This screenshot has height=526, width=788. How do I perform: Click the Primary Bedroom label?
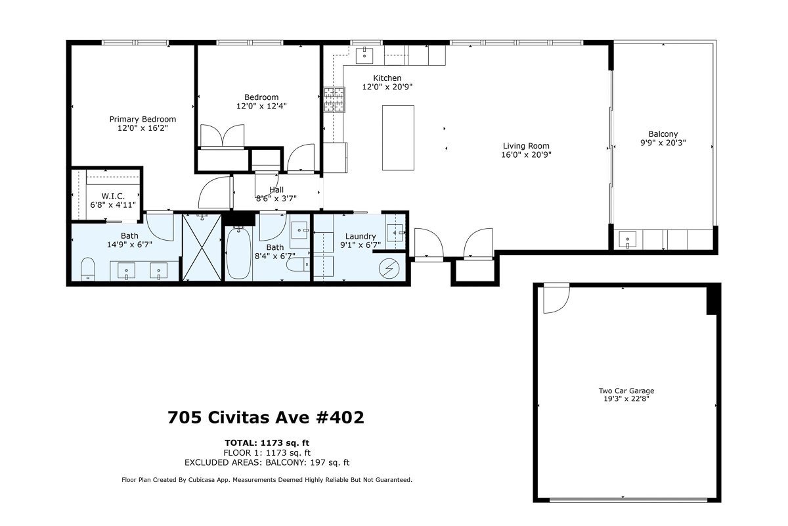[142, 119]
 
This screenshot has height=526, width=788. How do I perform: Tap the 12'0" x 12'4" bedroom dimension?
[261, 106]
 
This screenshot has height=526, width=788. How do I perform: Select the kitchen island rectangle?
[398, 137]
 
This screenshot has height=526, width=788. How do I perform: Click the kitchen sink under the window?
[364, 55]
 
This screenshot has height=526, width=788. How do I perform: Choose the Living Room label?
[526, 146]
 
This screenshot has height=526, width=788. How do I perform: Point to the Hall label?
[276, 189]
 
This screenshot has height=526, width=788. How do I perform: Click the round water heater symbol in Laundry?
[389, 268]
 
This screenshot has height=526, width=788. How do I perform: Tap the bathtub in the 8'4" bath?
[238, 254]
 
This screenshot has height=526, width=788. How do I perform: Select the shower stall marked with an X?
[202, 248]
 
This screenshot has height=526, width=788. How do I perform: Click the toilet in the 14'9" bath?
[88, 270]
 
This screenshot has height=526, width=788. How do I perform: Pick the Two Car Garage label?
[626, 391]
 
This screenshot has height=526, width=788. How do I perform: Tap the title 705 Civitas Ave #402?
[266, 418]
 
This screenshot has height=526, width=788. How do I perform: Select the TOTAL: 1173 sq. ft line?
[267, 442]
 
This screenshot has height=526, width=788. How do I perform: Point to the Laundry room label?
[361, 237]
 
